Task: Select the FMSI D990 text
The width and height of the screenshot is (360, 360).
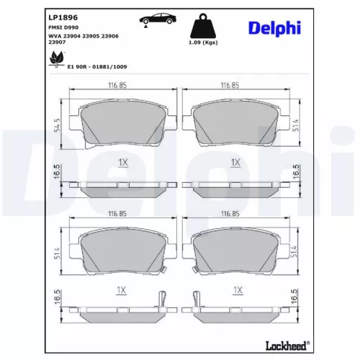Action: tap(63, 26)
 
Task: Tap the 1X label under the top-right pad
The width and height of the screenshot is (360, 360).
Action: tap(235, 163)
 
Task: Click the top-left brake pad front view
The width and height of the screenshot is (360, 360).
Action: tap(121, 122)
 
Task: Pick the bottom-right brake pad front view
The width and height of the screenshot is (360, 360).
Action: tap(234, 251)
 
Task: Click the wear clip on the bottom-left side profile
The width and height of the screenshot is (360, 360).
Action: tap(163, 301)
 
